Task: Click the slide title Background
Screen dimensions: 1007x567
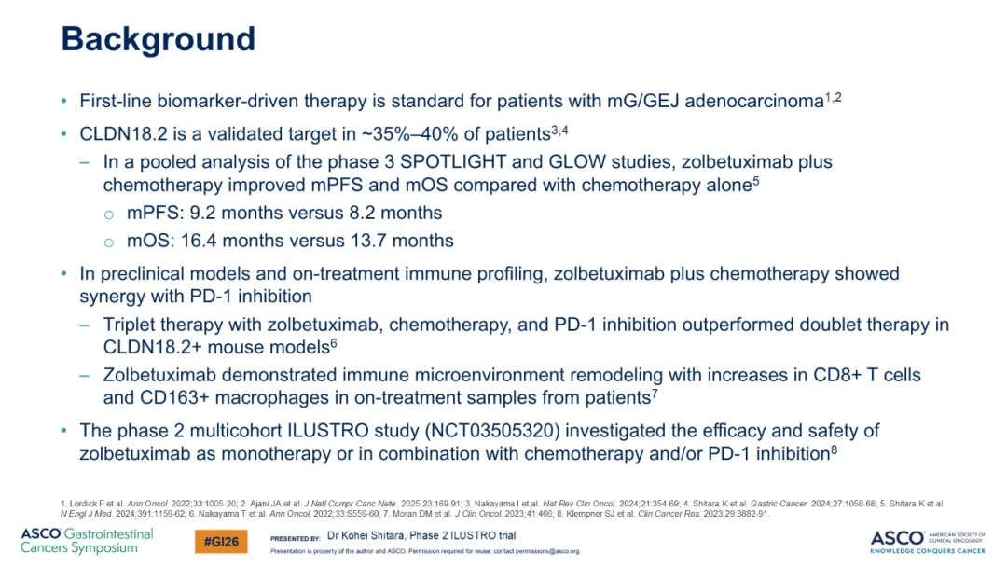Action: [158, 39]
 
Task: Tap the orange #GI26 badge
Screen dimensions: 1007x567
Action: [221, 542]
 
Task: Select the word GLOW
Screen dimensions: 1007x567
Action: [577, 162]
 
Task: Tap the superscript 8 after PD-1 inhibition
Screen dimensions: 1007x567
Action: [835, 449]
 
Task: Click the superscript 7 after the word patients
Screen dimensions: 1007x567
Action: [655, 393]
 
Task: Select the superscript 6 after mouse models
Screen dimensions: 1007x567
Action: [334, 343]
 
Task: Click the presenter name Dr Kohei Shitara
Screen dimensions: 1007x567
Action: [366, 535]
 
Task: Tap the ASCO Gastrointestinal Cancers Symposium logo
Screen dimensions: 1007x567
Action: [87, 541]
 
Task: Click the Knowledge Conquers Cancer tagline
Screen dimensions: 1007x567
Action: [928, 550]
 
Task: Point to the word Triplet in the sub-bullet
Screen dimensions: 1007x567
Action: [129, 325]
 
